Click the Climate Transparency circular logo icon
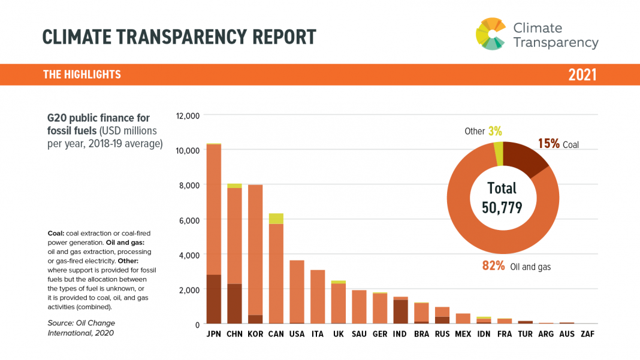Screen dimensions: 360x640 (x=491, y=34)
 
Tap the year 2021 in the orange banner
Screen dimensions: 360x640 (x=582, y=75)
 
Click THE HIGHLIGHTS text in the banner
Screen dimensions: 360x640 (x=82, y=75)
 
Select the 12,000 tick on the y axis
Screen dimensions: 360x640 (x=188, y=115)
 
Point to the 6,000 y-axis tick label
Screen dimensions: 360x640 (x=190, y=220)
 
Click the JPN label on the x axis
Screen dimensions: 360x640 (x=213, y=334)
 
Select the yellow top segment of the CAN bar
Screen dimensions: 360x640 (x=276, y=219)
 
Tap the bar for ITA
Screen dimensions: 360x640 (x=318, y=297)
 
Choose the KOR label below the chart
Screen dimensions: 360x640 (x=255, y=334)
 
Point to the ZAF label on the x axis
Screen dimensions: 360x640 (x=588, y=334)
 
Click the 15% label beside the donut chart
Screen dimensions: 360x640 (x=548, y=144)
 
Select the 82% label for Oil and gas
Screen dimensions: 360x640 (x=493, y=266)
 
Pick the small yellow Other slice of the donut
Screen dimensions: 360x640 (x=499, y=153)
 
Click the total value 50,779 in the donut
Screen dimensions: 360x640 (x=502, y=207)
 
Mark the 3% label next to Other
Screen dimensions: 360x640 (x=494, y=131)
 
